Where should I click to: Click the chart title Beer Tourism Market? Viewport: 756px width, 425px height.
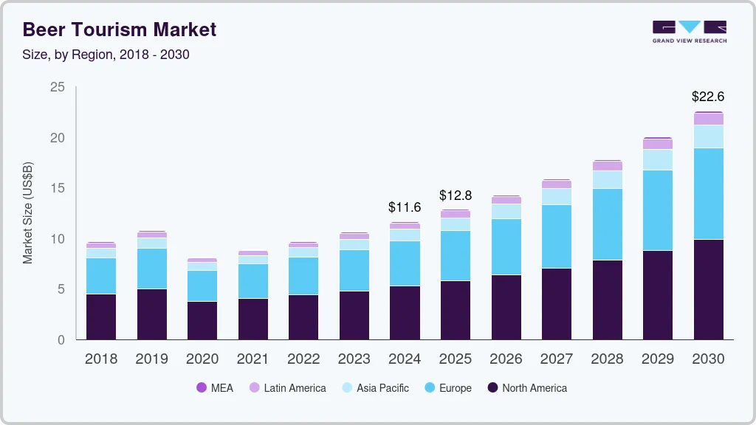[120, 30]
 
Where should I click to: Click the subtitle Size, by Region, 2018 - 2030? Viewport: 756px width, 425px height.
[111, 54]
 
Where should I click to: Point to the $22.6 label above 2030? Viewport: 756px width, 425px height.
[707, 96]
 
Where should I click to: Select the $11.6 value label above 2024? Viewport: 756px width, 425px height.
[405, 207]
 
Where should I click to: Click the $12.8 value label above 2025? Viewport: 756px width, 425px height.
[455, 196]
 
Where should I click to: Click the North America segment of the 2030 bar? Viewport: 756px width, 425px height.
[708, 289]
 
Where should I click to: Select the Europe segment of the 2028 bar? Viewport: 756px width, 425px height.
[607, 224]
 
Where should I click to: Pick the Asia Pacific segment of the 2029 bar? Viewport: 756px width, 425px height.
[657, 159]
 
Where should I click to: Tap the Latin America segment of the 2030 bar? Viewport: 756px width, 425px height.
[708, 119]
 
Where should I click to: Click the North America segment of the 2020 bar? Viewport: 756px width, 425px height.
[202, 320]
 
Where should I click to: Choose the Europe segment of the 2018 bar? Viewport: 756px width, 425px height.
[101, 276]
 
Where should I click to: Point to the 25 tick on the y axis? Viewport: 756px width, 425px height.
[57, 87]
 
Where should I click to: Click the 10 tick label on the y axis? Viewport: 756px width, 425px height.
[57, 239]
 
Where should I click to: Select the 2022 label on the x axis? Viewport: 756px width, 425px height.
[303, 359]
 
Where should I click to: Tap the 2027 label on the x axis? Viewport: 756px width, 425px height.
[556, 359]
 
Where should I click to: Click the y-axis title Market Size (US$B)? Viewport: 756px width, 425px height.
[28, 212]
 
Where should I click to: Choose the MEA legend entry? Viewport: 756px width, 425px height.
[214, 387]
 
